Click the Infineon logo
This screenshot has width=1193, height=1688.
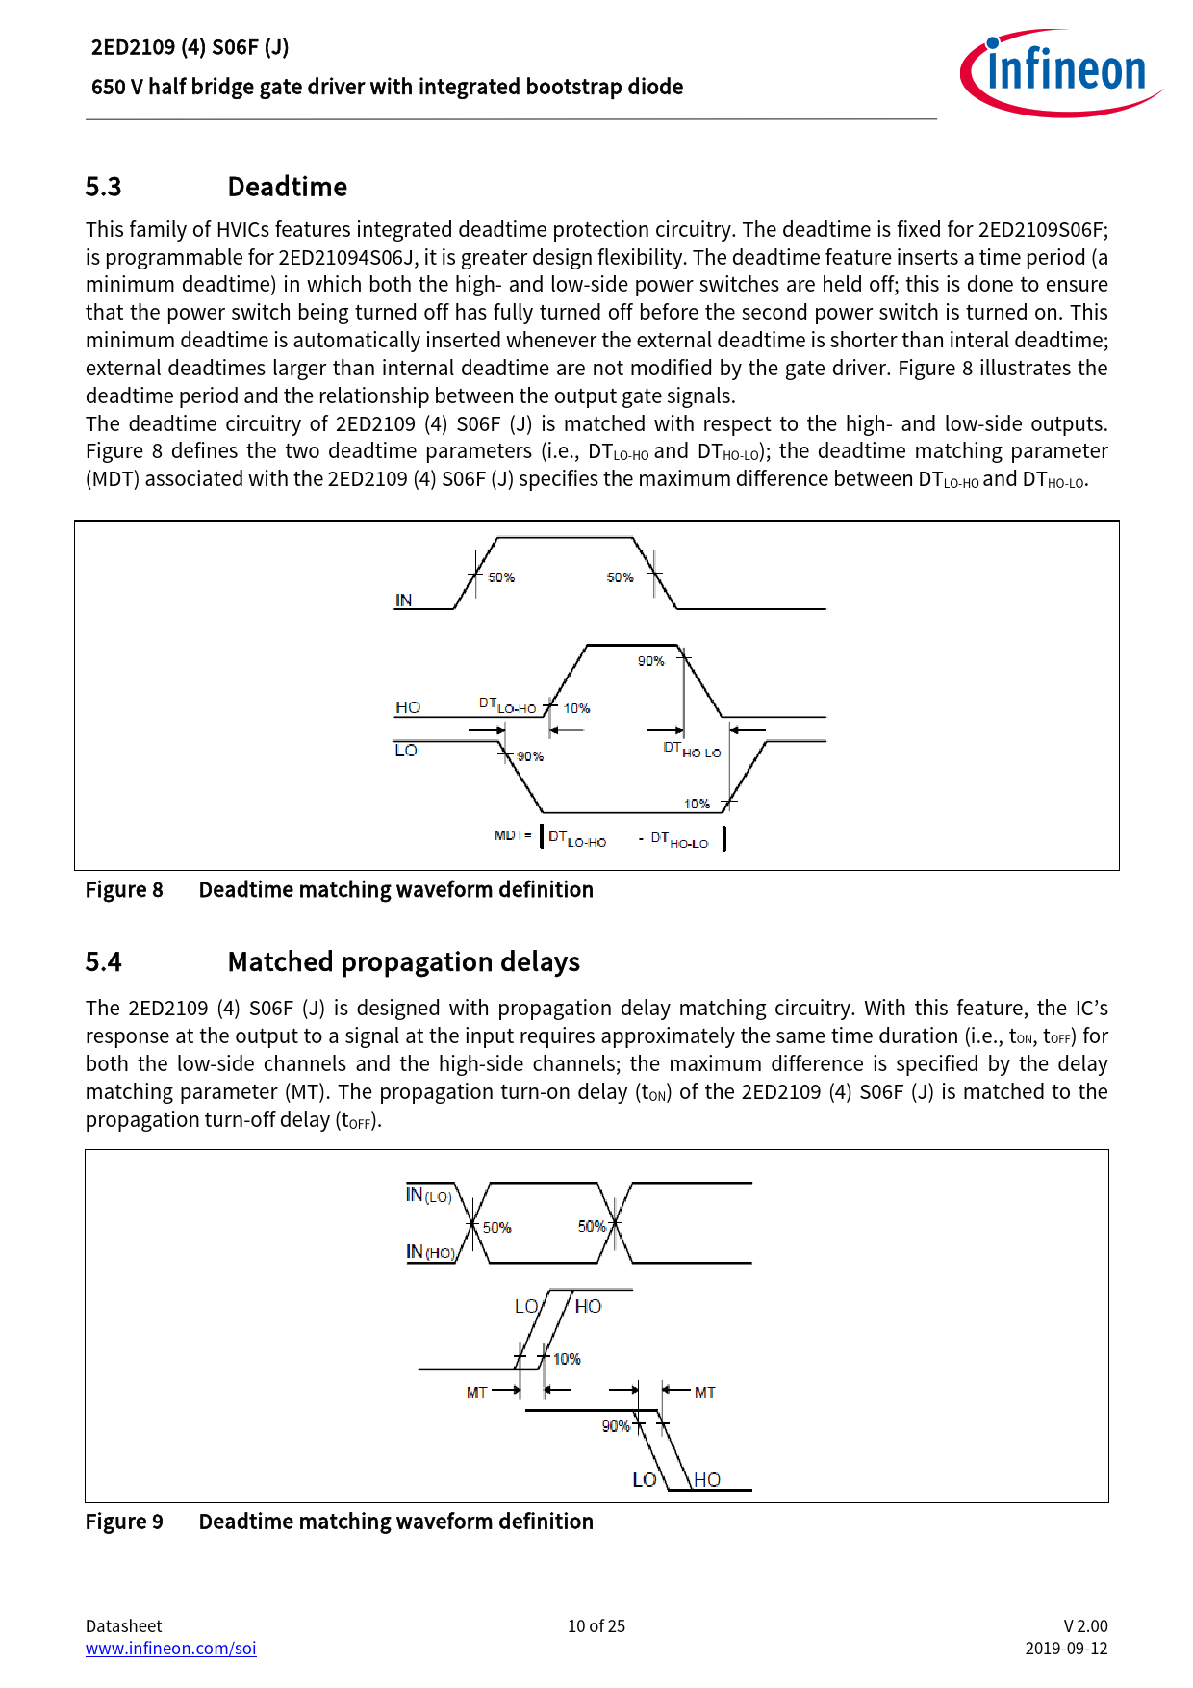pyautogui.click(x=1060, y=72)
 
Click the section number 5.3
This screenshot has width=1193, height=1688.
pyautogui.click(x=103, y=187)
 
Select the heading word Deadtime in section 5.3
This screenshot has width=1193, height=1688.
pyautogui.click(x=287, y=187)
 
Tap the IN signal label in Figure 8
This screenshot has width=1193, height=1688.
pyautogui.click(x=403, y=601)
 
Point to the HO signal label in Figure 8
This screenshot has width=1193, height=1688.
pyautogui.click(x=408, y=707)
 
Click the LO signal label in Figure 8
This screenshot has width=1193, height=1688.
pyautogui.click(x=406, y=751)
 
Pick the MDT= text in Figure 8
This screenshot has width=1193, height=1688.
pyautogui.click(x=513, y=835)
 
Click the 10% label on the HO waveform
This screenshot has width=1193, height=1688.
pyautogui.click(x=576, y=708)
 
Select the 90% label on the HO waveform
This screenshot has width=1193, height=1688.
pyautogui.click(x=651, y=661)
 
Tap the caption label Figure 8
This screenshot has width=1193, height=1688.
pyautogui.click(x=124, y=890)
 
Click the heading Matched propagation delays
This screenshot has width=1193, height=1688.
pyautogui.click(x=403, y=962)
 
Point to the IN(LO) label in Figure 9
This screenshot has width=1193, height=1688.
pyautogui.click(x=428, y=1195)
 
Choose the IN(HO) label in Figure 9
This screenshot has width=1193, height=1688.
pyautogui.click(x=430, y=1252)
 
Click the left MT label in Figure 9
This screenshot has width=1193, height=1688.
pyautogui.click(x=476, y=1393)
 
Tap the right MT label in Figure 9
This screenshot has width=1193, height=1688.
pyautogui.click(x=705, y=1393)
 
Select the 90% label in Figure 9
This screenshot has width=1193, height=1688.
pyautogui.click(x=616, y=1426)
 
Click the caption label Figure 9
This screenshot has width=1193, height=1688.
pyautogui.click(x=124, y=1522)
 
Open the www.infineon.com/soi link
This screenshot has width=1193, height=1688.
pyautogui.click(x=171, y=1649)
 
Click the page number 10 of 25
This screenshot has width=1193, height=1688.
pyautogui.click(x=596, y=1626)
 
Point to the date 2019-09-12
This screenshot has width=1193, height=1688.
pyautogui.click(x=1066, y=1649)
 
